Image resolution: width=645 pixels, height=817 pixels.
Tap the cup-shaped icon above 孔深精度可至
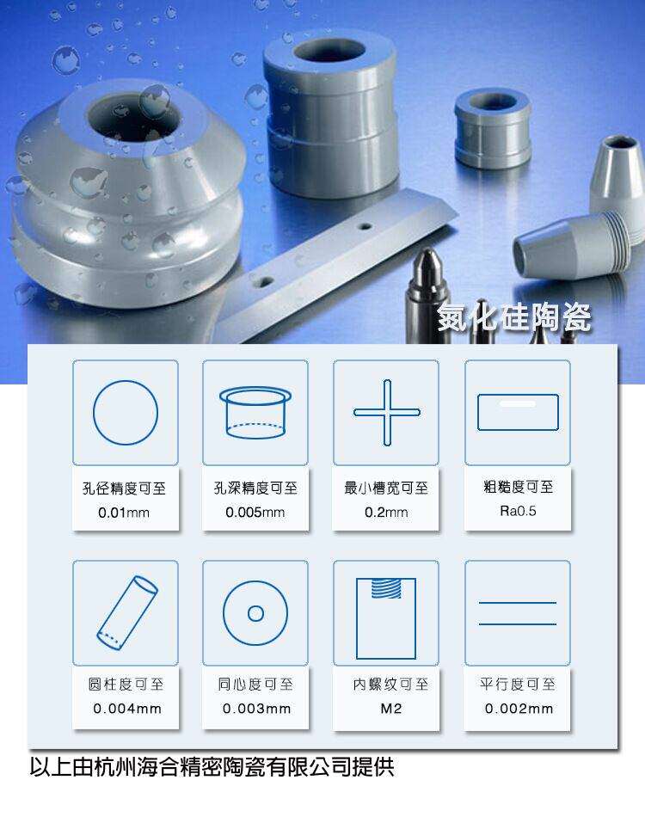(x=255, y=412)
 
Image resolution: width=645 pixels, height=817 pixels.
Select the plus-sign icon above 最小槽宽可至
(x=387, y=412)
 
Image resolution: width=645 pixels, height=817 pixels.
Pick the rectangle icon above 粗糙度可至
(x=518, y=412)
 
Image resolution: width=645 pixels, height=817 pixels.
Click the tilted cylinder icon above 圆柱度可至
(x=127, y=612)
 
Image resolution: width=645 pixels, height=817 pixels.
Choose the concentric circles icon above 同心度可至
(x=255, y=613)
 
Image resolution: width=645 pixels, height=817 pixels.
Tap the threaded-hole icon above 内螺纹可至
(x=386, y=618)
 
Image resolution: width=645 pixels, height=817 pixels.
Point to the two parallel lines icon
(x=518, y=613)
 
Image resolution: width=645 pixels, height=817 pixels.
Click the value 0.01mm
(x=124, y=513)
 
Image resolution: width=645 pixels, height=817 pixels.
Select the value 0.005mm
(x=255, y=513)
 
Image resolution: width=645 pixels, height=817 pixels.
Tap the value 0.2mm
(x=386, y=513)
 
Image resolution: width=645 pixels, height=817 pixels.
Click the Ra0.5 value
(x=518, y=511)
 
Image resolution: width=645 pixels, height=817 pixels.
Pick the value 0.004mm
(x=127, y=709)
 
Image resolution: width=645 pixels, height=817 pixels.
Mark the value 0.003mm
(x=256, y=709)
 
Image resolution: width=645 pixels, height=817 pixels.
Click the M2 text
(x=391, y=709)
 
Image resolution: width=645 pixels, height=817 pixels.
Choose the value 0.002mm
(x=519, y=709)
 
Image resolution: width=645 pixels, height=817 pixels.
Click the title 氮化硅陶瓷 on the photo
(x=514, y=316)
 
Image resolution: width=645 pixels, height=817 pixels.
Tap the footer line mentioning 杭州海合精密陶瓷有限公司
(x=212, y=767)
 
